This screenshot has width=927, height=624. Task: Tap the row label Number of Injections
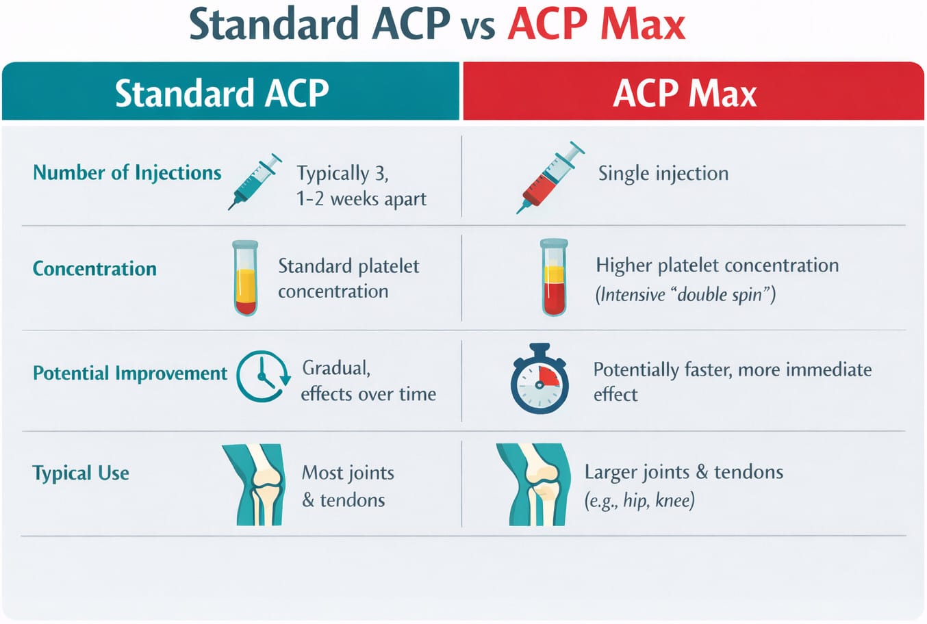coord(127,172)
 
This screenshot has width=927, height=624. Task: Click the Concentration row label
coord(94,268)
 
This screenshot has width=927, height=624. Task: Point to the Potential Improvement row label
coord(130,373)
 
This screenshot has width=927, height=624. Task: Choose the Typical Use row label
coord(81,473)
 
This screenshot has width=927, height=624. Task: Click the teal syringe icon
coord(255,181)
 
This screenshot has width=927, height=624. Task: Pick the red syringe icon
coord(550,177)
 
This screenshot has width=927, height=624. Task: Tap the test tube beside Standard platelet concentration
coord(245,277)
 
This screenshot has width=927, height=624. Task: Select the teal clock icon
coord(262,376)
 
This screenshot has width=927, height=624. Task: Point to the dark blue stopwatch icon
coord(539,380)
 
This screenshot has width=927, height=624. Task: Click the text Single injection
coord(663,173)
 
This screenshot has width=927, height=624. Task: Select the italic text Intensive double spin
coord(685,294)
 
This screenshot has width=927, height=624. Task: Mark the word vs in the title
coord(478,26)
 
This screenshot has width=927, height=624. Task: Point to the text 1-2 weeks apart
coord(361,199)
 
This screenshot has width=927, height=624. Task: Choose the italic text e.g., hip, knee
coord(639,500)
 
